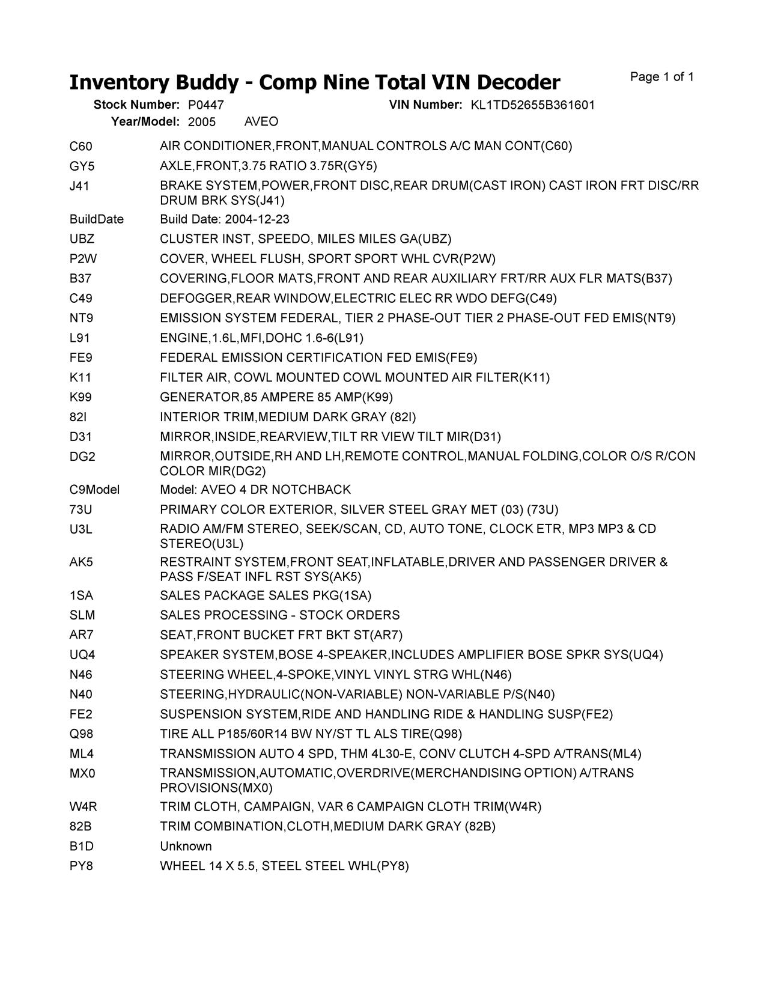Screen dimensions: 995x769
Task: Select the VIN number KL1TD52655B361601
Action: pyautogui.click(x=532, y=105)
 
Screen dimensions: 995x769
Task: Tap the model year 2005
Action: pyautogui.click(x=202, y=122)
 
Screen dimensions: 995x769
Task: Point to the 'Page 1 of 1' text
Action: pyautogui.click(x=662, y=77)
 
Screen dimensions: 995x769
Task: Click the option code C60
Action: pyautogui.click(x=81, y=146)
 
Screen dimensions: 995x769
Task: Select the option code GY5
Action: pyautogui.click(x=82, y=166)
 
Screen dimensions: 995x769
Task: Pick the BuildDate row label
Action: pyautogui.click(x=97, y=219)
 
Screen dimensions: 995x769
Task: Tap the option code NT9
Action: pyautogui.click(x=82, y=318)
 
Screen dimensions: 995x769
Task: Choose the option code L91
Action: pyautogui.click(x=80, y=338)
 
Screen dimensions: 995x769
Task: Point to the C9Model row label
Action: pyautogui.click(x=94, y=490)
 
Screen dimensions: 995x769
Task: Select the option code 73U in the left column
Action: pyautogui.click(x=81, y=510)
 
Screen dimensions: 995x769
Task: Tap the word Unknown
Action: pyautogui.click(x=186, y=846)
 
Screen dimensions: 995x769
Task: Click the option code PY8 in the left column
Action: pyautogui.click(x=81, y=866)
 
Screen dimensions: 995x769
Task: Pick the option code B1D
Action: pyautogui.click(x=82, y=846)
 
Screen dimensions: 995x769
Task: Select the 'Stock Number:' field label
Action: pyautogui.click(x=136, y=105)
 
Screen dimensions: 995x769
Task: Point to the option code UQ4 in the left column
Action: pyautogui.click(x=82, y=654)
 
